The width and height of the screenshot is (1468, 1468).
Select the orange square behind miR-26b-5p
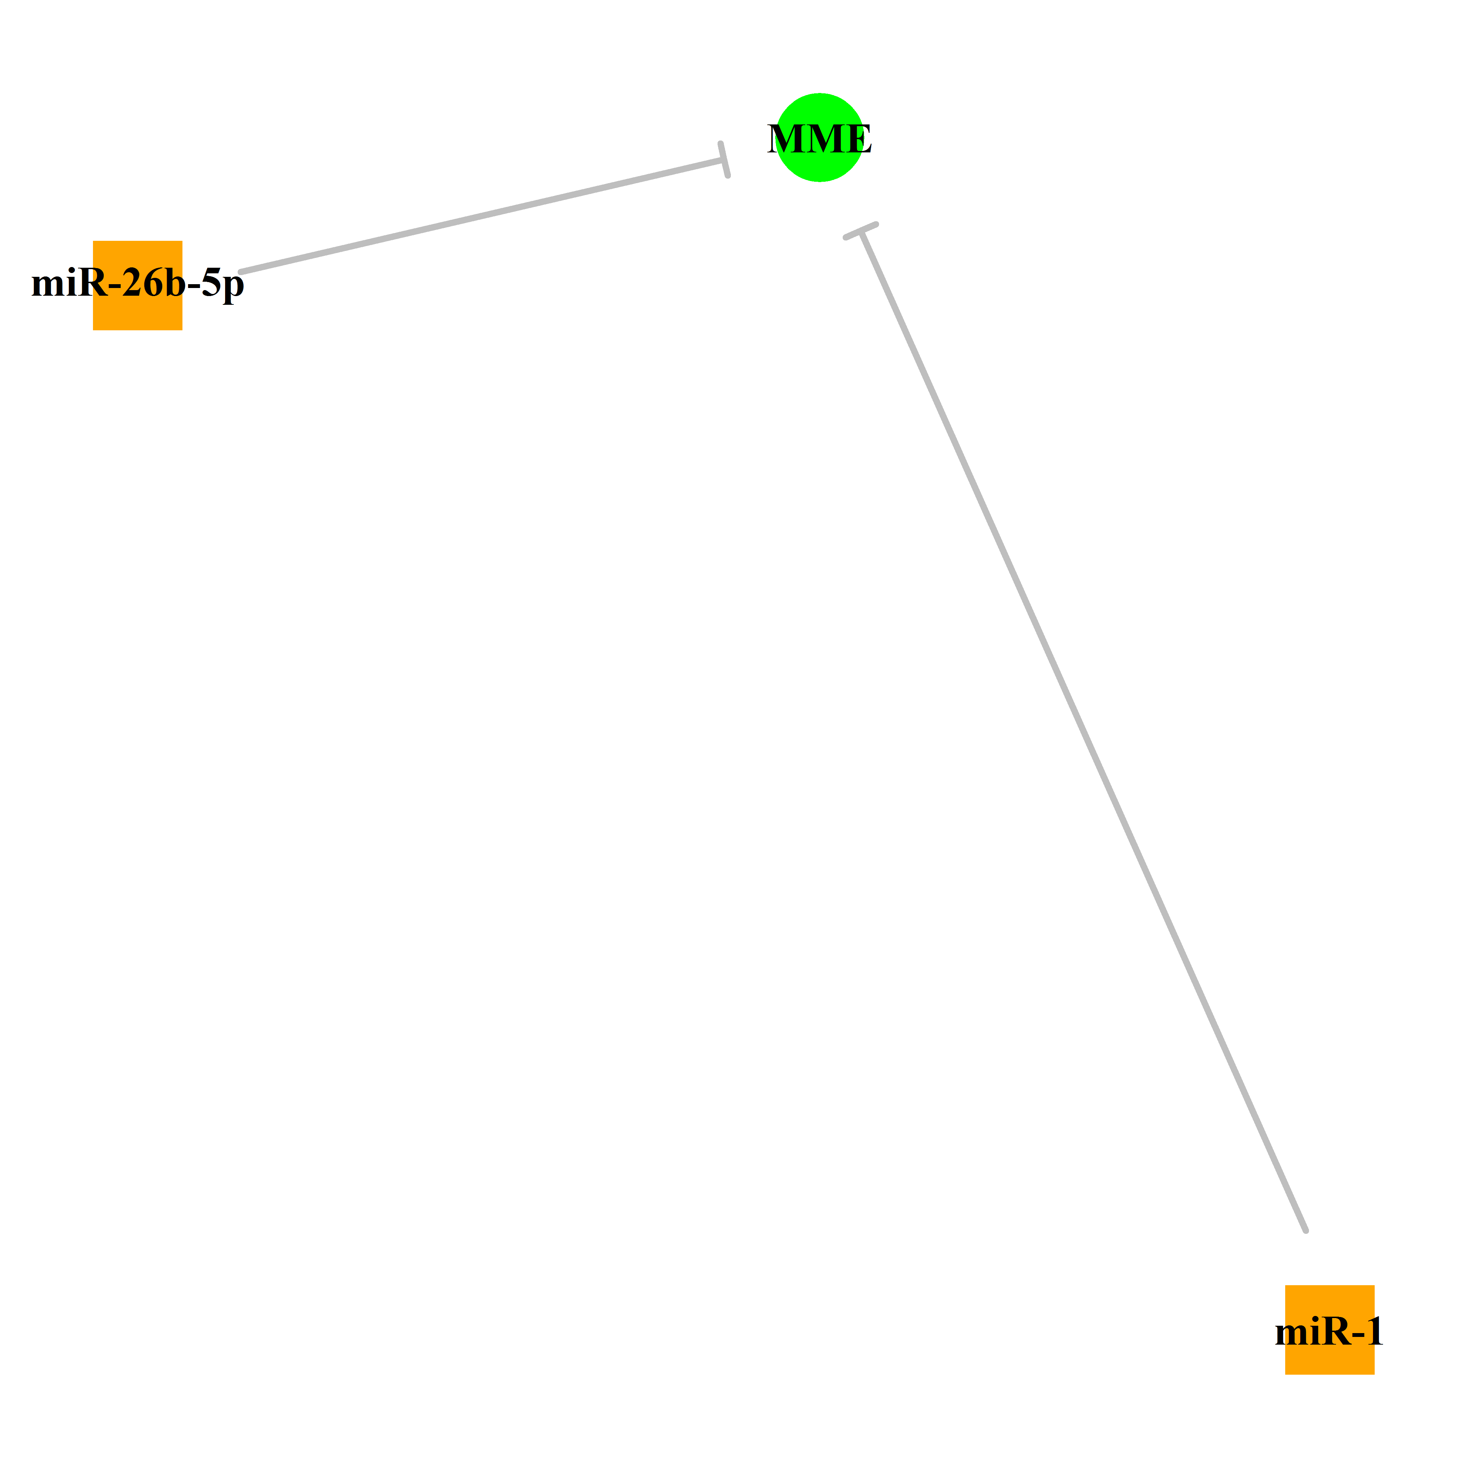click(137, 286)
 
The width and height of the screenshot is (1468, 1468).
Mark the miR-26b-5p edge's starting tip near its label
click(241, 271)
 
